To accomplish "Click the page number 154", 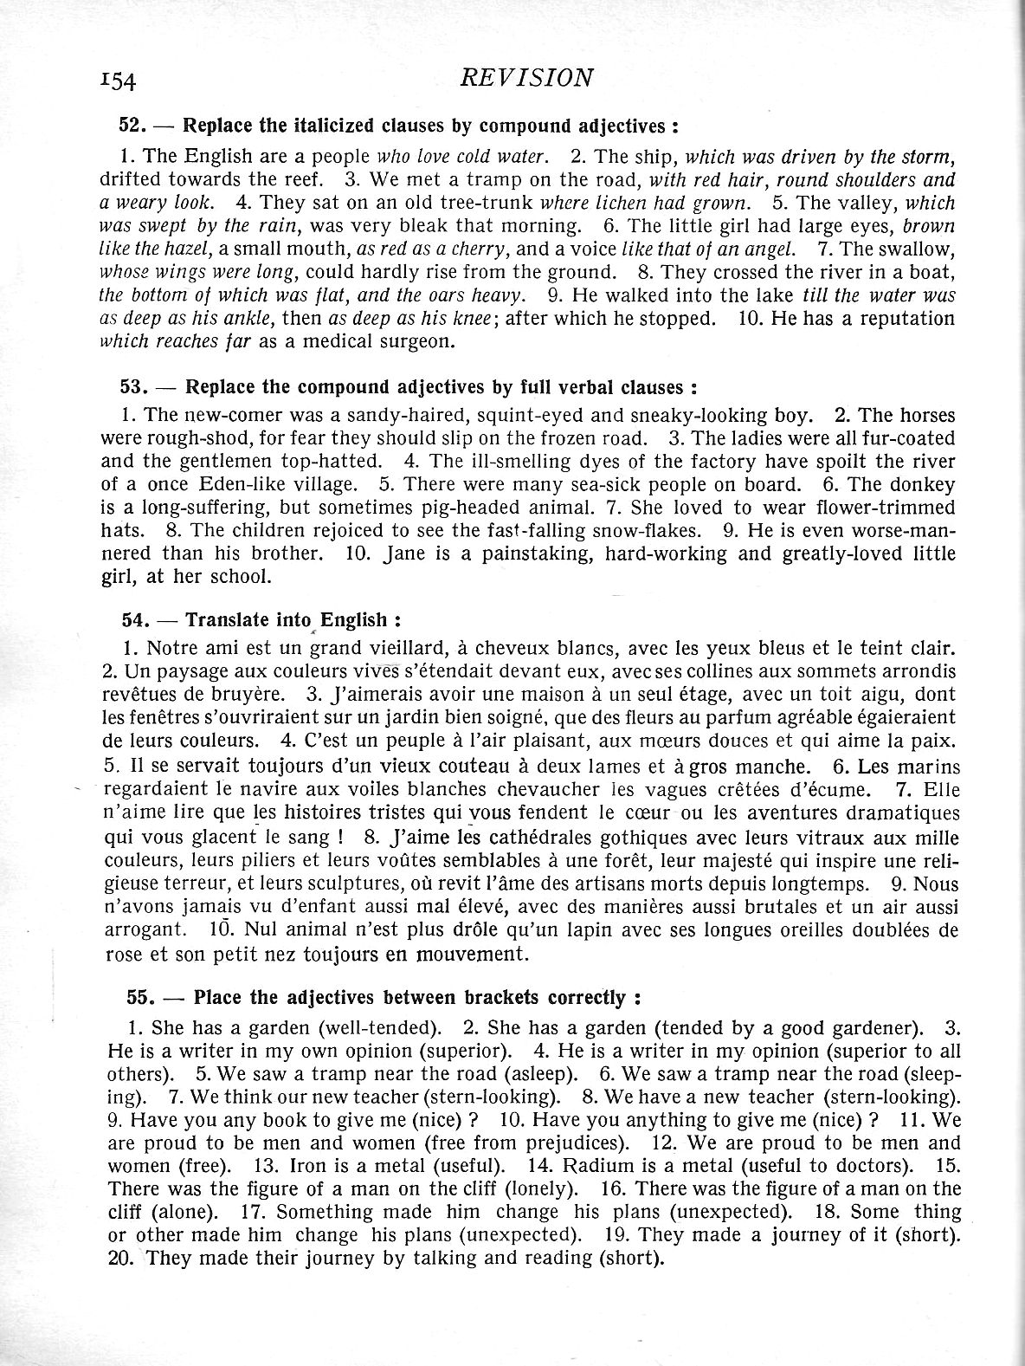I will tap(119, 81).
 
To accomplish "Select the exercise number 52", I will tap(134, 125).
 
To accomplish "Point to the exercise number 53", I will tap(135, 385).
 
